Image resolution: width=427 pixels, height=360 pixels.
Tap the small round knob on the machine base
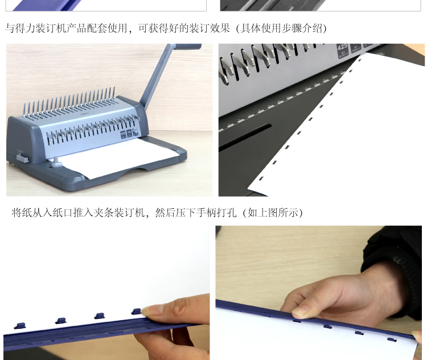tap(56, 162)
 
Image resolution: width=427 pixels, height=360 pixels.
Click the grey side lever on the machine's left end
tap(23, 158)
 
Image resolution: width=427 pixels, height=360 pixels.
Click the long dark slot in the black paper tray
tap(245, 136)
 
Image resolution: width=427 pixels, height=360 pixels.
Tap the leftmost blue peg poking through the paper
tap(20, 325)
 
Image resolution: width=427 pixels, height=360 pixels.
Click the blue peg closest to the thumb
tap(137, 311)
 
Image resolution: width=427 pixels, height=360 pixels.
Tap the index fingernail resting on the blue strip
tap(300, 312)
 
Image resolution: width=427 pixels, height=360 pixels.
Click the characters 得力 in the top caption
tap(25, 28)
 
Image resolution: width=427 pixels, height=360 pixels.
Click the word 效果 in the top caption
tap(220, 28)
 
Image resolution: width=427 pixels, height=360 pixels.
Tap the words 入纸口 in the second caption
tap(58, 213)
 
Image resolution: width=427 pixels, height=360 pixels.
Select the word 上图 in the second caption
tap(268, 213)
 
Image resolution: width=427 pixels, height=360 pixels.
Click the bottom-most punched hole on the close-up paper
tap(261, 179)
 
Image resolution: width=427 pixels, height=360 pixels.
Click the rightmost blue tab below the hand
tap(392, 340)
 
